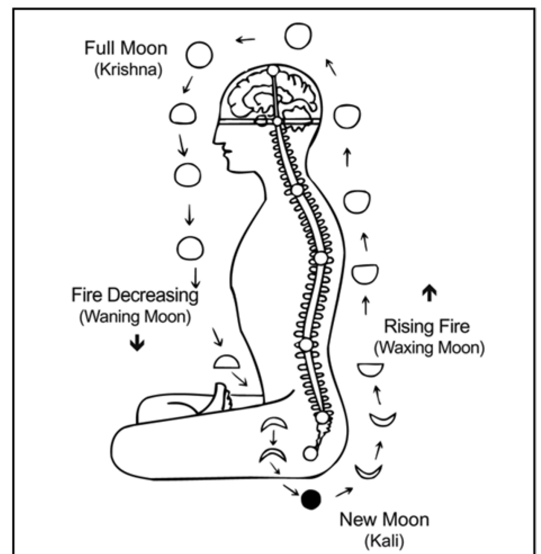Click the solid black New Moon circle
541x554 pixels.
pos(311,499)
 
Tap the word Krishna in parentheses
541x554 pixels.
pos(128,69)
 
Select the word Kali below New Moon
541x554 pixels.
pos(384,540)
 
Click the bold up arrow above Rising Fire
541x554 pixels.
pos(429,293)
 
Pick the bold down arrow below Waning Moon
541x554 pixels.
pos(137,343)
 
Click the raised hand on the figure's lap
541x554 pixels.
pos(222,397)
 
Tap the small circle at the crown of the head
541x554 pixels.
pos(273,70)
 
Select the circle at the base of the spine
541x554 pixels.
pos(310,453)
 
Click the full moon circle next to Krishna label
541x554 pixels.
pos(199,55)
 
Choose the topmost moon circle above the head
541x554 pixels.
pos(298,36)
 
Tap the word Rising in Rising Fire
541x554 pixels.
pos(406,327)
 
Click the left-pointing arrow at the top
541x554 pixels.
pos(245,39)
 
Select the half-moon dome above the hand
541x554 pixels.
pos(227,362)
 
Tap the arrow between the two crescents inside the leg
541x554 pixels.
pos(273,438)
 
